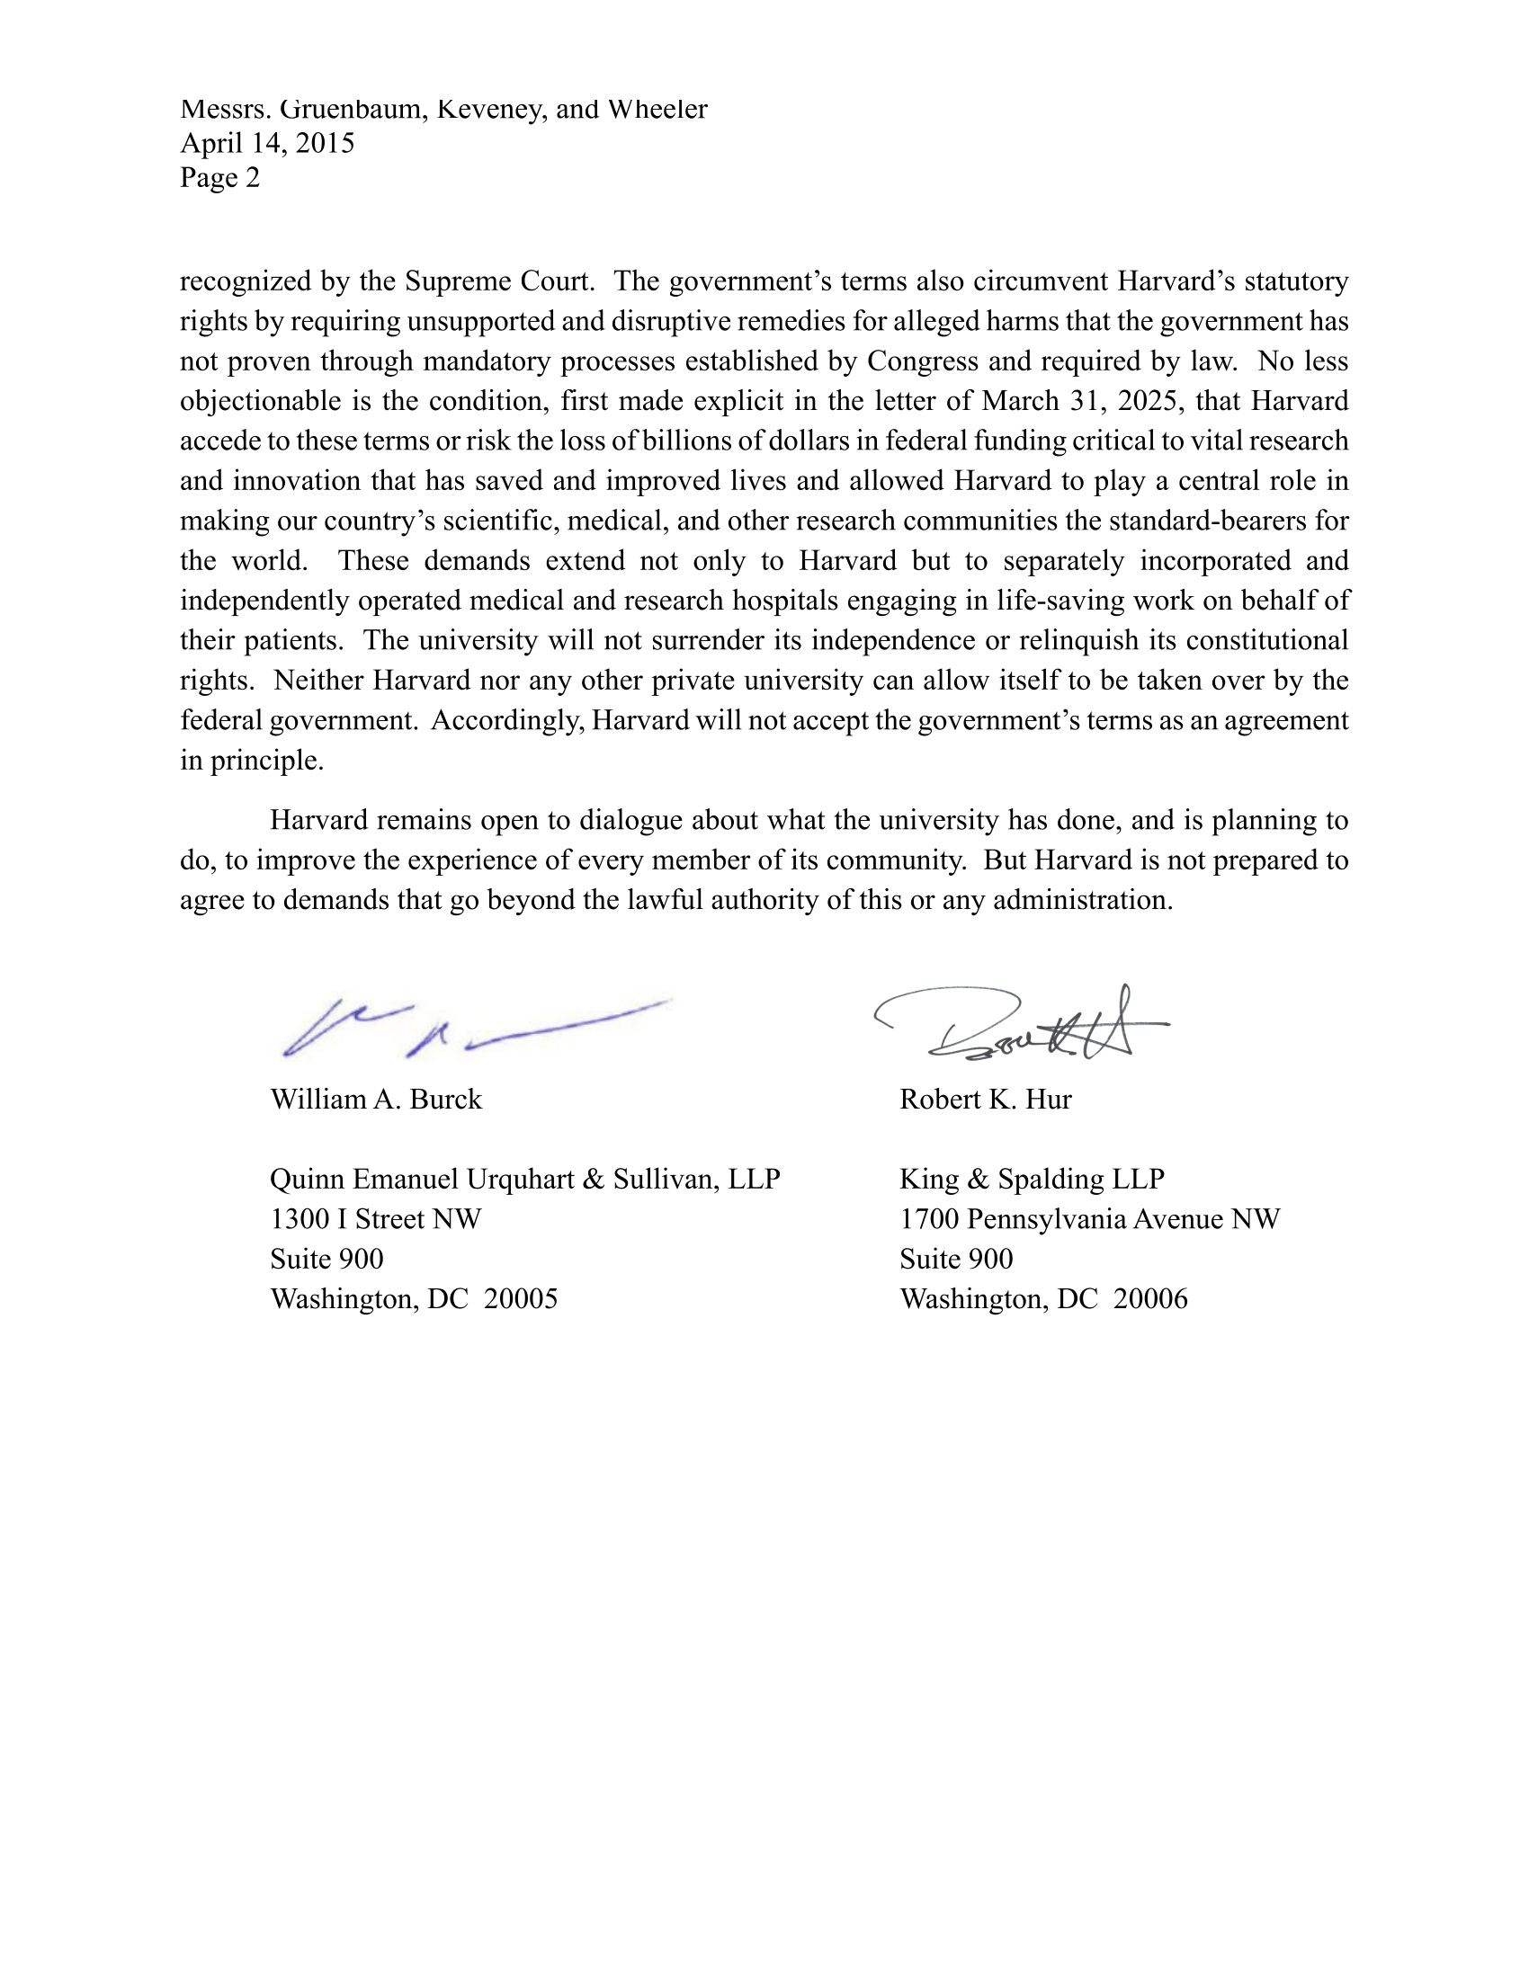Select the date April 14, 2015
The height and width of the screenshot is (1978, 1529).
tap(267, 143)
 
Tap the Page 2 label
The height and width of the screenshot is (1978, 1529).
tap(220, 177)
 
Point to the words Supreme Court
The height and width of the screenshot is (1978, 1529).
tap(499, 281)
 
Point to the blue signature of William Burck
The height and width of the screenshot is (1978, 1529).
tap(471, 1028)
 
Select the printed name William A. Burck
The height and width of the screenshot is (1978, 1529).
tap(376, 1100)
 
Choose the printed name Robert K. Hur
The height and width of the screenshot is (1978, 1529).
tap(986, 1100)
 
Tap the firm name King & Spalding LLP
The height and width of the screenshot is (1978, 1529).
tap(1032, 1180)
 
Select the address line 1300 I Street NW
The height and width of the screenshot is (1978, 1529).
tap(376, 1219)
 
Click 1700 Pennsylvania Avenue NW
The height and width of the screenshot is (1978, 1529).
tap(1090, 1219)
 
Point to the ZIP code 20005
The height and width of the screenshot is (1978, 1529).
tap(521, 1300)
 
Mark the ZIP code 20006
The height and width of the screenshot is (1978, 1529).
tap(1150, 1300)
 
